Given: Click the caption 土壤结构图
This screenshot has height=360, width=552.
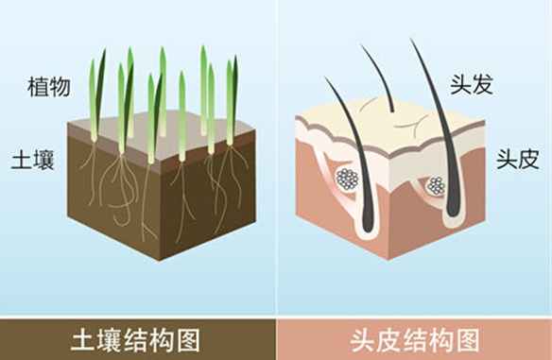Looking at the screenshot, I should click(x=137, y=338).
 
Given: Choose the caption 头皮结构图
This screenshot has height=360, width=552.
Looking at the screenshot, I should click(x=413, y=338).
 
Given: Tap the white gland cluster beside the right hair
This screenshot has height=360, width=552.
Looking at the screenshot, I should click(x=436, y=186).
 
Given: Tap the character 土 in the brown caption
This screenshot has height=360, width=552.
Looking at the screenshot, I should click(x=82, y=338).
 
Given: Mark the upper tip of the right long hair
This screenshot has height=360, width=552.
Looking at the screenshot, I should click(x=411, y=40).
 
